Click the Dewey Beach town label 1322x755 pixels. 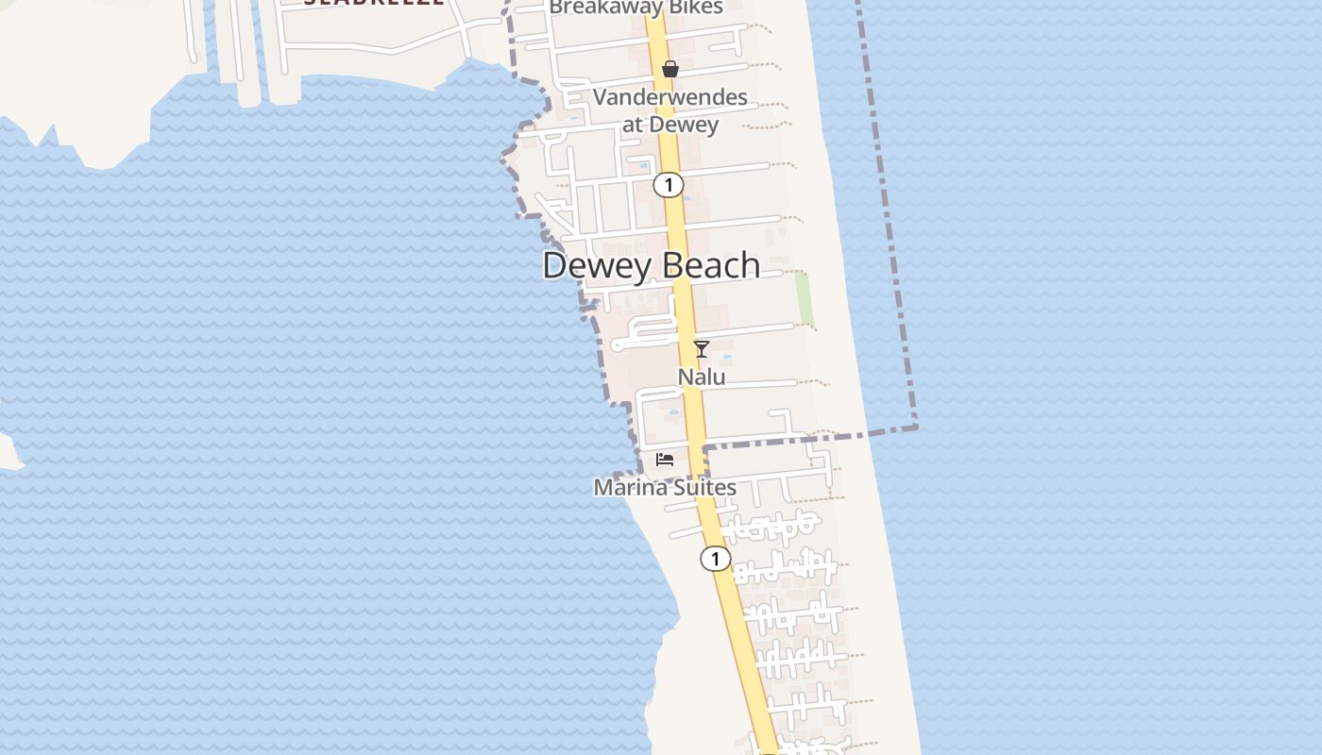coord(651,265)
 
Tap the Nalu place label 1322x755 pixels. coord(702,377)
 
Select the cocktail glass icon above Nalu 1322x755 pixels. coord(702,349)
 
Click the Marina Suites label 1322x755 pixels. coord(665,487)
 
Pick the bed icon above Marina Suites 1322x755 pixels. coord(665,460)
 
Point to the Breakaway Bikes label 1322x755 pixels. coord(636,8)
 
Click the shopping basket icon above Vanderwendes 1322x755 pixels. coord(670,69)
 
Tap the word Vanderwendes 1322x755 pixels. coord(670,97)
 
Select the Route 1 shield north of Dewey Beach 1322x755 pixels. coord(669,185)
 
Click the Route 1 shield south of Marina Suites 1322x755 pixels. coord(715,559)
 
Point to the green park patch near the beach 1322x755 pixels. coord(804,297)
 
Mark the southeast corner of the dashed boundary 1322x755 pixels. coord(915,428)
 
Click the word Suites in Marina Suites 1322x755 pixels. coord(703,487)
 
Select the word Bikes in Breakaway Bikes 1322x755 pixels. coord(694,8)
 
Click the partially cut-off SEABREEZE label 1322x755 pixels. coord(374,3)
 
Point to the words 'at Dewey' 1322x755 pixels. coord(670,125)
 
